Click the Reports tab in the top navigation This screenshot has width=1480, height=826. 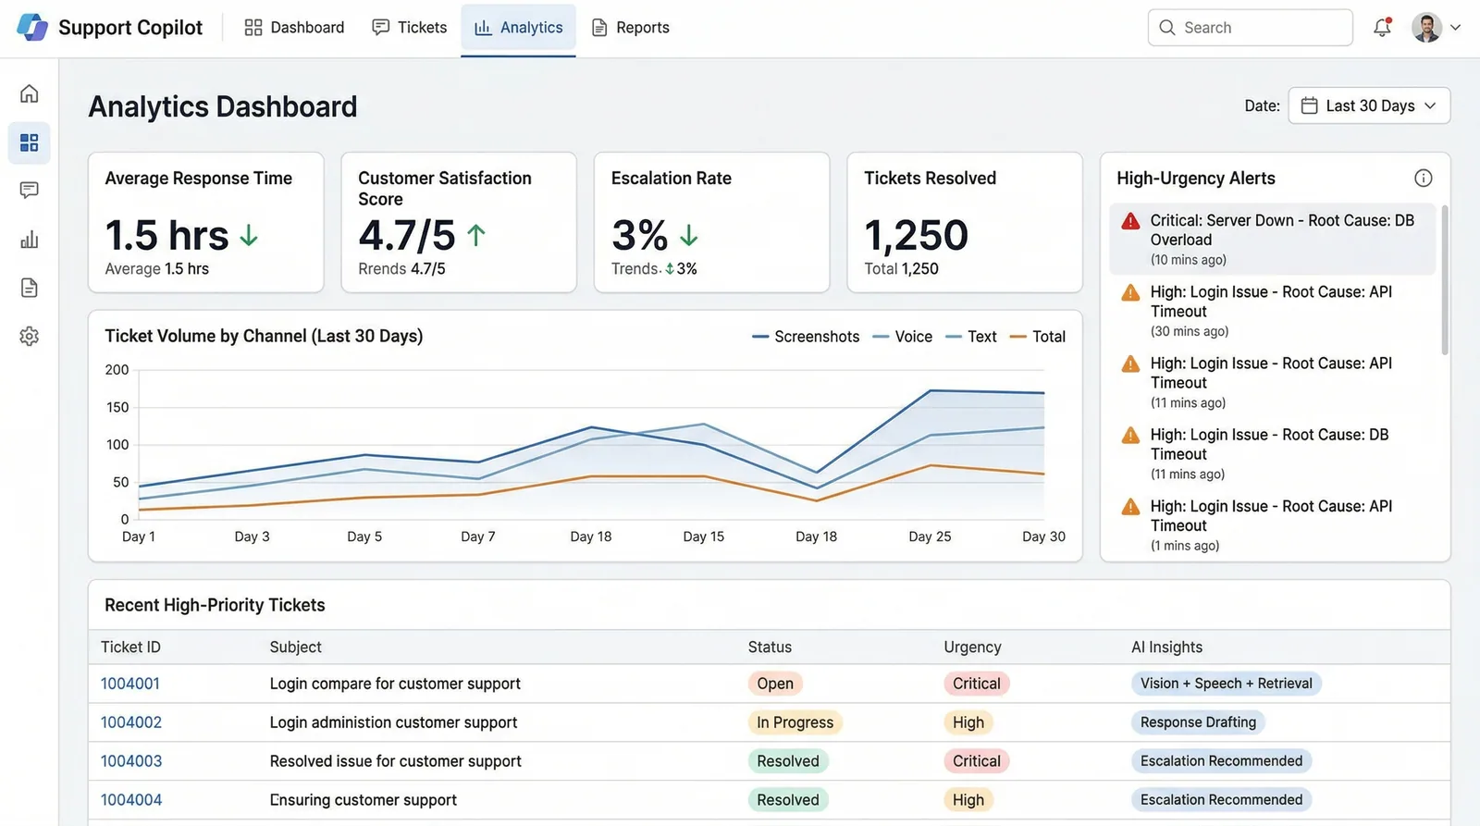coord(630,28)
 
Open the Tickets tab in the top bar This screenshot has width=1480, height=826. coord(410,28)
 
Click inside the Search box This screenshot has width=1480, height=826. coord(1250,28)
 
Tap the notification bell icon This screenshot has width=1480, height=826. coord(1382,27)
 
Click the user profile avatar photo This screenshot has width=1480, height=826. coord(1426,28)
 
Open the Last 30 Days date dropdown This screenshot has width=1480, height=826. coord(1369,105)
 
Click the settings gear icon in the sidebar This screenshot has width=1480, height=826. coord(29,337)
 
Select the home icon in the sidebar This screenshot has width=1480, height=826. coord(29,93)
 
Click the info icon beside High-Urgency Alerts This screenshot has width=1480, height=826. coord(1424,178)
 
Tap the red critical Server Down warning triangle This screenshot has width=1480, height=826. coord(1130,221)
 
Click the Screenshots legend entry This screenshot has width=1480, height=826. coord(806,337)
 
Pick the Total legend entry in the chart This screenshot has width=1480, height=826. coord(1038,337)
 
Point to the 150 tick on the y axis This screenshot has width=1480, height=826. coord(117,407)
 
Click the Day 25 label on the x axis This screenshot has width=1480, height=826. coord(930,536)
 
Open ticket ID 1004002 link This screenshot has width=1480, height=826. coord(130,722)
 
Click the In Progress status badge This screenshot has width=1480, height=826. coord(795,722)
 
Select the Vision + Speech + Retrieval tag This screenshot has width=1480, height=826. coord(1227,684)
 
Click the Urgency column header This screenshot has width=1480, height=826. coord(972,647)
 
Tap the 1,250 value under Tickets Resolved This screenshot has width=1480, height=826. coord(916,235)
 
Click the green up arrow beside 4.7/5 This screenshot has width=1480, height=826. coord(476,235)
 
